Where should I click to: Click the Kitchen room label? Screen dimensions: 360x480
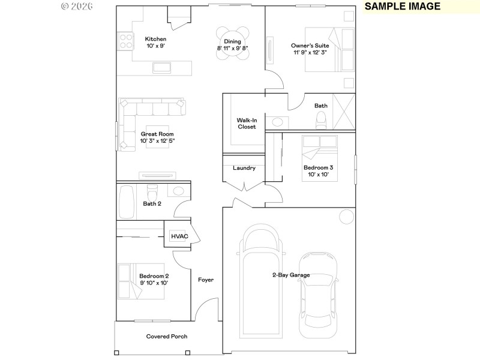(155, 39)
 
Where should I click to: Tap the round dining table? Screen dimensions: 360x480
(232, 43)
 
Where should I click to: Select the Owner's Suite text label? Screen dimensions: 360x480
(308, 45)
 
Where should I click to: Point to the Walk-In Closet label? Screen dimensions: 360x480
(246, 123)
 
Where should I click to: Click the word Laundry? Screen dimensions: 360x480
(244, 168)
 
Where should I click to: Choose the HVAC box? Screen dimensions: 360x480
(179, 236)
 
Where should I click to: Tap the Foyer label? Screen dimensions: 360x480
(206, 280)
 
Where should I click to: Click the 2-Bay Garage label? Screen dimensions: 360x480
(290, 275)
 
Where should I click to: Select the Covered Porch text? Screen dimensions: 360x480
(167, 337)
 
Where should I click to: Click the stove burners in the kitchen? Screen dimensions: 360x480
(126, 41)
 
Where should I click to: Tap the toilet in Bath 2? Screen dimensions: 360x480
(153, 193)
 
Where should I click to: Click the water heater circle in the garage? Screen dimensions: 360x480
(346, 216)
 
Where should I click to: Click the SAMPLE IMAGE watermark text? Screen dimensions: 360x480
(403, 7)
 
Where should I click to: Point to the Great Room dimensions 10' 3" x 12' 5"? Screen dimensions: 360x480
(157, 141)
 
